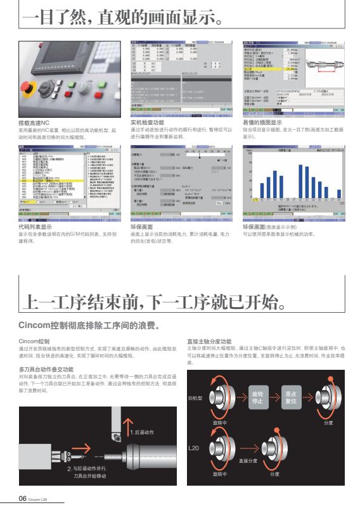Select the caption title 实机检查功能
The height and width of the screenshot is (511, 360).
(x=147, y=122)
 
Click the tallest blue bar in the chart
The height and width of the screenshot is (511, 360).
(x=300, y=180)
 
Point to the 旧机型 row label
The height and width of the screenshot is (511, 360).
(x=195, y=398)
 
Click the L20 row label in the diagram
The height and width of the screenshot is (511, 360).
(x=194, y=448)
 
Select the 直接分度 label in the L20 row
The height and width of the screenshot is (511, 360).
(x=248, y=461)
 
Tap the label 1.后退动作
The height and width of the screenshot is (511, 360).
(x=143, y=432)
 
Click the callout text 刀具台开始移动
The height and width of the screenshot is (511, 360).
(x=91, y=476)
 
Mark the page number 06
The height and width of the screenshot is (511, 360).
(x=22, y=498)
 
